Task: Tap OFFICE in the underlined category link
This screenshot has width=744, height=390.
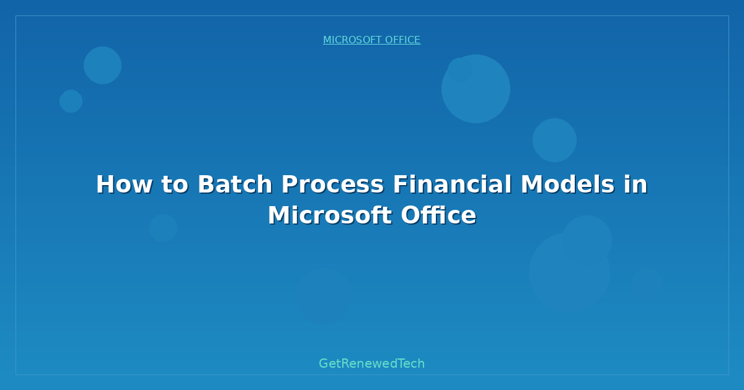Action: point(403,40)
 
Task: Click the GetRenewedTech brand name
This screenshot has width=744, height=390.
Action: point(372,363)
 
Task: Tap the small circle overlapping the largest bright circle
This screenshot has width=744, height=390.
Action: point(459,69)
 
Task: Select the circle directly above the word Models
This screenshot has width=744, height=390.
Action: point(554,140)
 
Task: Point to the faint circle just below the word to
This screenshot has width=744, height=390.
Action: point(163,228)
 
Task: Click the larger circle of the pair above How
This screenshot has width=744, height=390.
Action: point(102,65)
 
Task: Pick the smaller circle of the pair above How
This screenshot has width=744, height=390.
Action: point(71,101)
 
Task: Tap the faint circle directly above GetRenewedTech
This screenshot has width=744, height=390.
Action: point(324,296)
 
